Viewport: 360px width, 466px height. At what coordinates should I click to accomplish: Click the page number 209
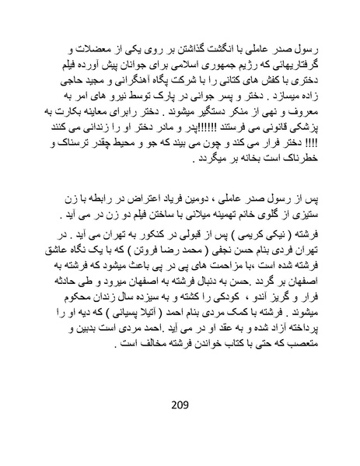[x=180, y=405]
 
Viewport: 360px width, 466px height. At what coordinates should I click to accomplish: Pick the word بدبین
[x=74, y=347]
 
